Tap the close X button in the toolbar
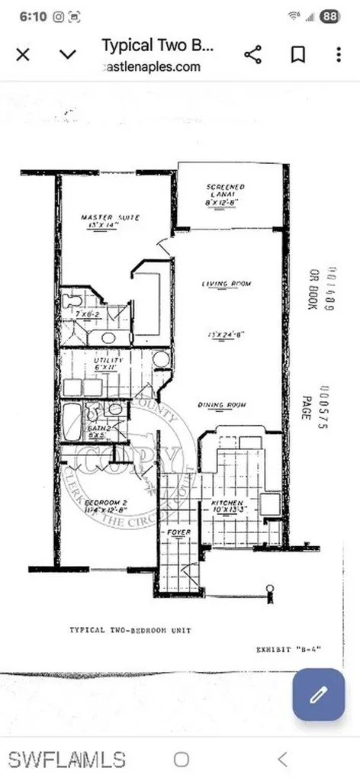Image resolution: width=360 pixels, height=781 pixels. pyautogui.click(x=23, y=54)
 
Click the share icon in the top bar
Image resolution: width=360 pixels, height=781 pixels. pyautogui.click(x=252, y=54)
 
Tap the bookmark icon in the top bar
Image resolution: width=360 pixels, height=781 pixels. pyautogui.click(x=297, y=54)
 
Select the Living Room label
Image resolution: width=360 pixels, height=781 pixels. pyautogui.click(x=227, y=284)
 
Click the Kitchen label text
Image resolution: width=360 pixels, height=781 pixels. pyautogui.click(x=228, y=503)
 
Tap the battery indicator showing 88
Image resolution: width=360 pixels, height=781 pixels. pyautogui.click(x=330, y=16)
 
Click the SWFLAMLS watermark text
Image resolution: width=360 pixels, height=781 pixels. pyautogui.click(x=67, y=759)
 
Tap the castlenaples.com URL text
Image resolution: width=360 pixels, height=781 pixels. pyautogui.click(x=151, y=66)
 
